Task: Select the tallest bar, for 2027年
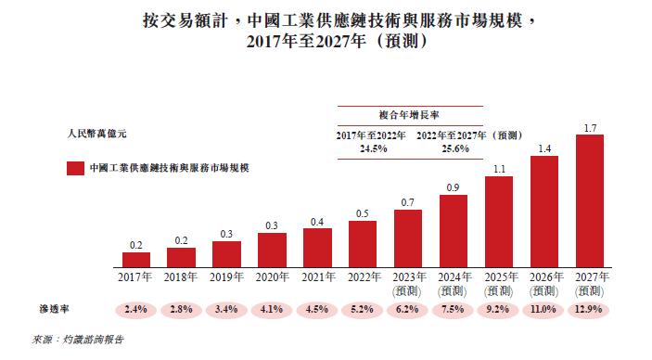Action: [x=590, y=199]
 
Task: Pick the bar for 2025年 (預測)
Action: [x=499, y=219]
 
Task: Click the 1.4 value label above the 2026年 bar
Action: [x=544, y=148]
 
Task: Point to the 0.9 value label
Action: [x=454, y=188]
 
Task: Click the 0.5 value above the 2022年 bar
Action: [x=363, y=213]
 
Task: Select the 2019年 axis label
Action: [x=226, y=276]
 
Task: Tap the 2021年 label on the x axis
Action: [x=317, y=276]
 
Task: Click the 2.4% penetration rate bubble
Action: [x=135, y=308]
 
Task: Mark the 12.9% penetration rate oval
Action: [x=590, y=308]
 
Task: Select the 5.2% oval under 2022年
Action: [x=363, y=308]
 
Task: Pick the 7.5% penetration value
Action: [x=454, y=308]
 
